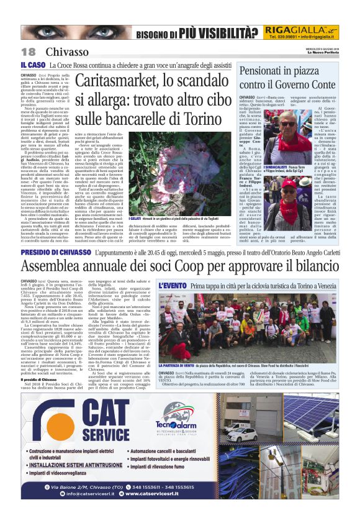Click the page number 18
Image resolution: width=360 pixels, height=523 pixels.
(29, 52)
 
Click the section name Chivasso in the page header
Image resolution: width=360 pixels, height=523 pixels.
(67, 52)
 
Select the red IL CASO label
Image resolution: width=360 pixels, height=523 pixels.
(33, 65)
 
